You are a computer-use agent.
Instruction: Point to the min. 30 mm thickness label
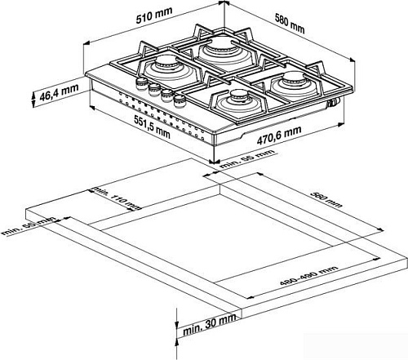(x=210, y=331)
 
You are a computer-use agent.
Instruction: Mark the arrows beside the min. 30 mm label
(x=179, y=330)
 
